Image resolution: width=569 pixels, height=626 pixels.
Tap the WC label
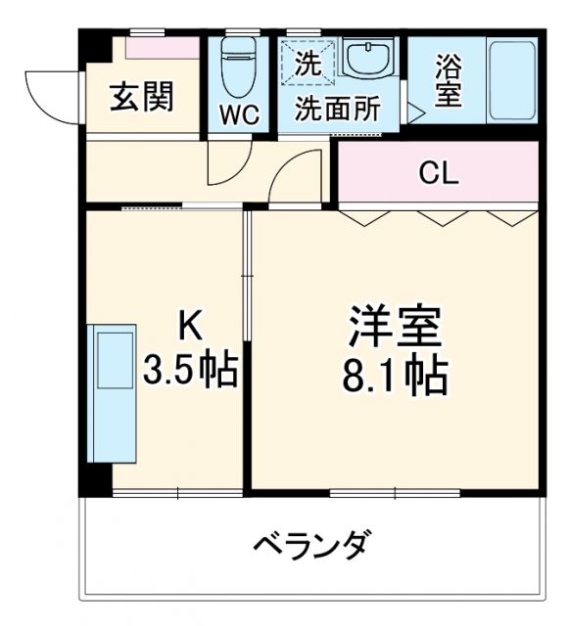238,113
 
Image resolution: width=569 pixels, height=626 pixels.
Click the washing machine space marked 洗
308,62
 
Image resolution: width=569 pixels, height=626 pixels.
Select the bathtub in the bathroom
511,80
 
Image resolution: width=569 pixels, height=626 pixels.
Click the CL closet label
438,174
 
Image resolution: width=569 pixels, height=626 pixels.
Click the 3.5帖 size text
191,369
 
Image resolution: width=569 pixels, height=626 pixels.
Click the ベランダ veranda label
313,544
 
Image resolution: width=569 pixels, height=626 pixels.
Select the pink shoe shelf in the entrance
163,45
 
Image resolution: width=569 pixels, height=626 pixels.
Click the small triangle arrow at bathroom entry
415,113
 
